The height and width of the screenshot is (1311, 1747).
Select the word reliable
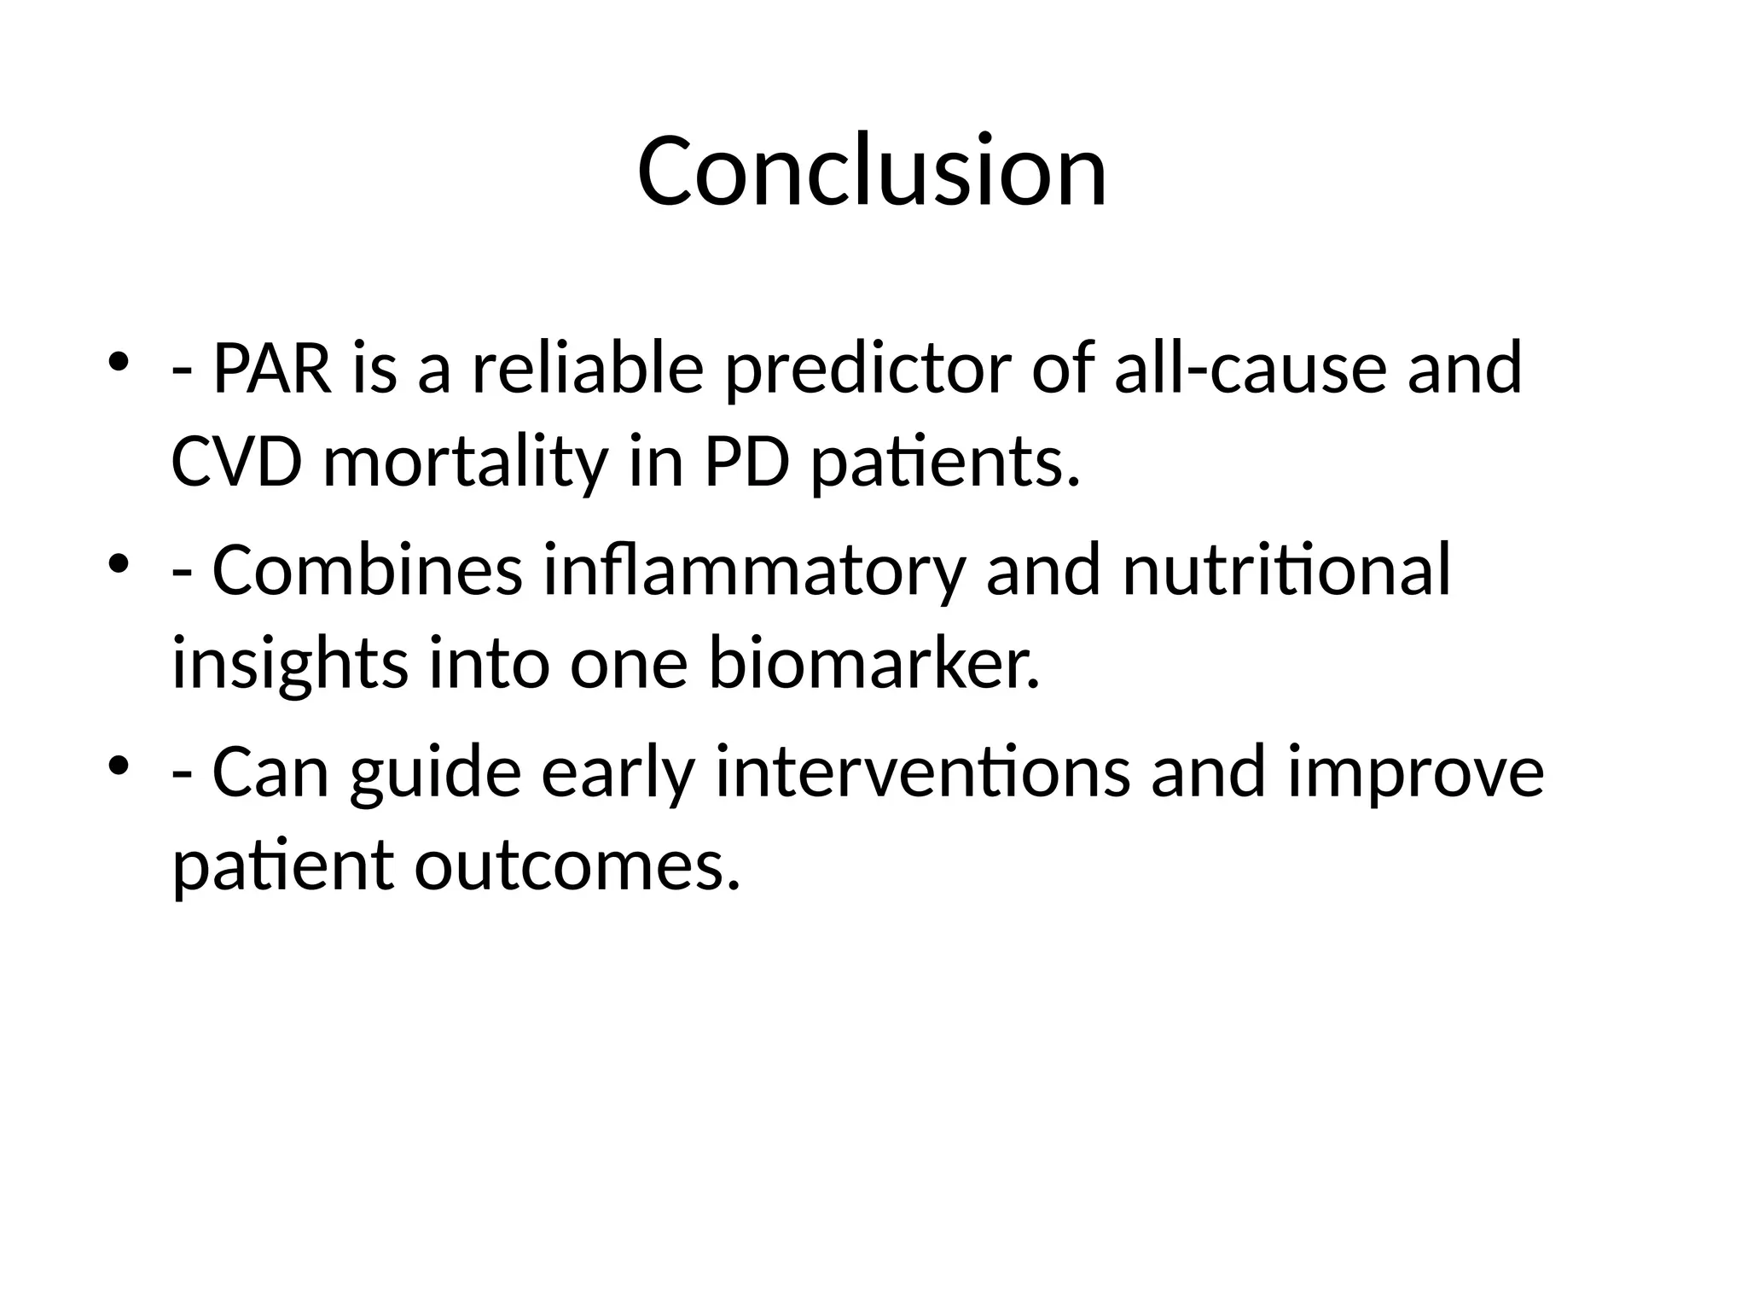(x=588, y=369)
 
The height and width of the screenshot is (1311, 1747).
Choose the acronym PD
(x=746, y=463)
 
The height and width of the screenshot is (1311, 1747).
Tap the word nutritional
(x=1286, y=570)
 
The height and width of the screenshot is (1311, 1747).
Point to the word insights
(x=289, y=665)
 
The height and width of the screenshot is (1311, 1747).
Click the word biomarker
(x=874, y=665)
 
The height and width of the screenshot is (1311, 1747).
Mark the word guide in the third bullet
(x=435, y=772)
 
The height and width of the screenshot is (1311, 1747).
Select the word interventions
(x=922, y=772)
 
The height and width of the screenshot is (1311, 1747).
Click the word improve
(x=1416, y=772)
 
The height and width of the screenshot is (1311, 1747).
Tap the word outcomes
(x=577, y=865)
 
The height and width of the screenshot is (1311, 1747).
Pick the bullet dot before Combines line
(x=119, y=562)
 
